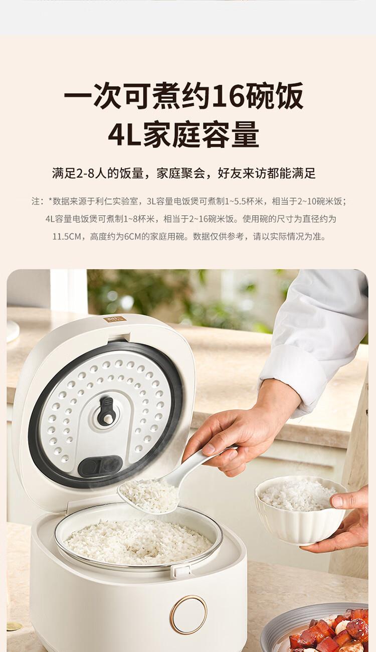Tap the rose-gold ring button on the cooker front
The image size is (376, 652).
189,602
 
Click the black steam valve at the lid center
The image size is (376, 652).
106,411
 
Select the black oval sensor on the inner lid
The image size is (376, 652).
100,466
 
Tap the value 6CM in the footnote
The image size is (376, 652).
133,237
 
